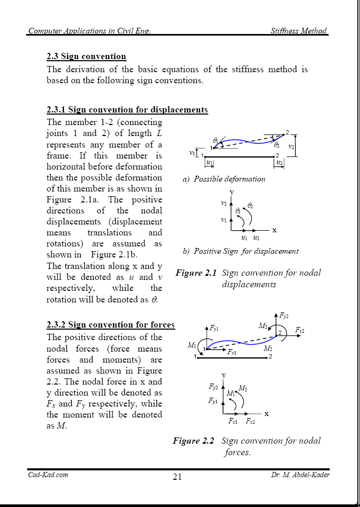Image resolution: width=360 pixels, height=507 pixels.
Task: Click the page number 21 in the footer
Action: click(176, 477)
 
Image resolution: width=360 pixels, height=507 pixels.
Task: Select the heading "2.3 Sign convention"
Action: click(86, 56)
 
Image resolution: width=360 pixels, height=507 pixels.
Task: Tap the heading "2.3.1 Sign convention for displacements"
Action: click(127, 110)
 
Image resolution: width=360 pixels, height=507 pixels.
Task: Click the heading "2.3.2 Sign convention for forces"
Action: click(110, 325)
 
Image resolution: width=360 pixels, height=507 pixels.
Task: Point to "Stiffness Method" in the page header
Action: click(298, 31)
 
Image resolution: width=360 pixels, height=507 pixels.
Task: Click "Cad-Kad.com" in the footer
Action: click(48, 475)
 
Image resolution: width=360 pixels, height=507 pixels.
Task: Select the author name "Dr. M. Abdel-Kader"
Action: click(300, 475)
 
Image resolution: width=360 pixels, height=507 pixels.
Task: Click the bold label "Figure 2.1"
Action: click(196, 273)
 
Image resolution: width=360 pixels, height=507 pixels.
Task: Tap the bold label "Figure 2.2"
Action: click(193, 441)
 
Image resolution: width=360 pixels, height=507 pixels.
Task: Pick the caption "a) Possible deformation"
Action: click(224, 179)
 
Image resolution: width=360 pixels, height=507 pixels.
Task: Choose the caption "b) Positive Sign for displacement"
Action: click(240, 251)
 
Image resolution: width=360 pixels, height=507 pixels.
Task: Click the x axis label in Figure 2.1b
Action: click(274, 230)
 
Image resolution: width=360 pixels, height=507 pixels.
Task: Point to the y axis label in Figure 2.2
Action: click(224, 375)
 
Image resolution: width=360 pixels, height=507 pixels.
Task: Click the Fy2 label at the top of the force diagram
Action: click(284, 316)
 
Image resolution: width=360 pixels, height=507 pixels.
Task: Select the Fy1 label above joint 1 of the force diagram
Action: click(214, 329)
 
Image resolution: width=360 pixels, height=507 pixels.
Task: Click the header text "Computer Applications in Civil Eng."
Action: click(89, 31)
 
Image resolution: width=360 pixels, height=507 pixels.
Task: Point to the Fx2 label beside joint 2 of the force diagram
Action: click(299, 330)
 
